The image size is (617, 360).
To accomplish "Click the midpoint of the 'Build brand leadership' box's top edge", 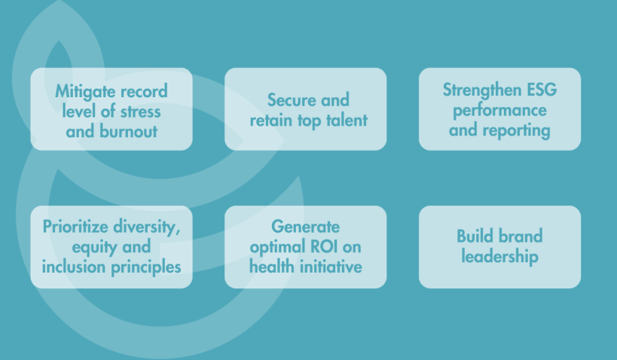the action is tap(499, 206).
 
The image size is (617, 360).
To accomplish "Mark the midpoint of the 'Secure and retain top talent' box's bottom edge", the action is tap(305, 151).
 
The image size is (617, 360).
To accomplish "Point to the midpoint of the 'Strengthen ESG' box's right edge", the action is tap(581, 109).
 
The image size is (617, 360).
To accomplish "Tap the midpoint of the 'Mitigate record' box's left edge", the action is tap(31, 109).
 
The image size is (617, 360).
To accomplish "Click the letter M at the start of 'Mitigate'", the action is tap(61, 91).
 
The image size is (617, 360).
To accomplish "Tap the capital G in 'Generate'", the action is tap(277, 227).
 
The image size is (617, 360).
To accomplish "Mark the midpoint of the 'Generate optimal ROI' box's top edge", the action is tap(305, 206).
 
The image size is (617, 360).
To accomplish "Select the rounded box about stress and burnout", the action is tap(111, 109).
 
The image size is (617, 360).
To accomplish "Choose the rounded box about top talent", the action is tap(305, 109).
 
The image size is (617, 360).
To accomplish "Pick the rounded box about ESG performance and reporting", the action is tap(499, 109).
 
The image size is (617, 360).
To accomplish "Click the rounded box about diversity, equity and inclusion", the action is tap(111, 247).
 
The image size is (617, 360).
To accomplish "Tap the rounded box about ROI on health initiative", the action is tap(305, 247).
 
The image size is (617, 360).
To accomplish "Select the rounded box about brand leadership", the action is tap(499, 247).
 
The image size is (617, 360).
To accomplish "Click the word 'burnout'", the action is tap(128, 131).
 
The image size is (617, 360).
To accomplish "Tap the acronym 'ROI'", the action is tap(324, 247).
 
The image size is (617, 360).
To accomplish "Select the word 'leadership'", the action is tap(499, 257).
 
